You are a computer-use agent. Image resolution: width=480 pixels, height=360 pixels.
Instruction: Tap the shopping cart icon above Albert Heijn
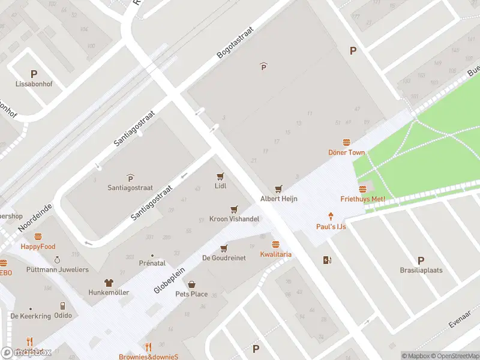click(x=278, y=189)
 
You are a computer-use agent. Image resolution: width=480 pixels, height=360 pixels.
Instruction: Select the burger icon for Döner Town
click(x=346, y=142)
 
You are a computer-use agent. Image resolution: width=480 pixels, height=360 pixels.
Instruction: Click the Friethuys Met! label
click(x=362, y=199)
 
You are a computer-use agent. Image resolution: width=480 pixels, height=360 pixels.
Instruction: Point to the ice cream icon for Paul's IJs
click(x=331, y=216)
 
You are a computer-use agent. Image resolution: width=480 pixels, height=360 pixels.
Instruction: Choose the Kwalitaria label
click(x=275, y=254)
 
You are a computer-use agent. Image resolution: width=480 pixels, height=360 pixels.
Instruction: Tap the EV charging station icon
click(x=327, y=260)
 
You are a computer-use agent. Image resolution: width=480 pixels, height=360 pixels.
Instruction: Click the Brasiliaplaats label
click(x=421, y=270)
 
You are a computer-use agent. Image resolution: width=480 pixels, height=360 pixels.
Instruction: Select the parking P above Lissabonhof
click(x=34, y=74)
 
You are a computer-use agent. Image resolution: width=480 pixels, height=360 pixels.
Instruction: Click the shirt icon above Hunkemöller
click(x=109, y=282)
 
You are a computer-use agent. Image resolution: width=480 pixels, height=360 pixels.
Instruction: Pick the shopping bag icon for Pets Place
click(x=191, y=284)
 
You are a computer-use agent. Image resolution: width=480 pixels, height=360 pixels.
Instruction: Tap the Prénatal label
click(x=152, y=263)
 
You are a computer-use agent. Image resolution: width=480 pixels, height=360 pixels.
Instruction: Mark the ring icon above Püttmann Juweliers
click(x=57, y=260)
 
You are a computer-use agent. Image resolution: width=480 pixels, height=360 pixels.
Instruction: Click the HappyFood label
click(x=38, y=247)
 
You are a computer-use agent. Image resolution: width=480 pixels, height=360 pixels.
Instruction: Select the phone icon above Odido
click(x=62, y=305)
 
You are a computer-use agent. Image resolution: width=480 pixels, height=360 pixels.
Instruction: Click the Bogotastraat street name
click(x=235, y=42)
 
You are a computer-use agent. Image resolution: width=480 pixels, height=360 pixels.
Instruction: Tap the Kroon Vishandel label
click(x=234, y=219)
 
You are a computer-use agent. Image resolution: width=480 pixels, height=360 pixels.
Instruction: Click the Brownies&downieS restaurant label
click(x=149, y=357)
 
